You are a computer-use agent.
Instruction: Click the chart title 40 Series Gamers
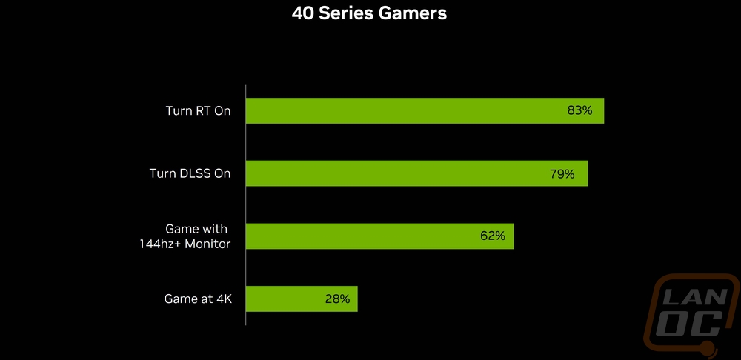click(x=369, y=13)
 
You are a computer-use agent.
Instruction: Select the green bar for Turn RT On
click(x=425, y=110)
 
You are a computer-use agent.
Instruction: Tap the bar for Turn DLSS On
click(x=416, y=173)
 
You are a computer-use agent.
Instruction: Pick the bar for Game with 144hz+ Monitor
click(x=380, y=236)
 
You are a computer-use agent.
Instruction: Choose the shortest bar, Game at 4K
click(x=302, y=299)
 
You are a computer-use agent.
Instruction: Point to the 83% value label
click(x=579, y=110)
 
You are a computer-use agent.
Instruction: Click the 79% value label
click(x=562, y=174)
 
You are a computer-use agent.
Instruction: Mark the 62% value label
click(x=493, y=236)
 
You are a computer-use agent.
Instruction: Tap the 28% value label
click(x=337, y=299)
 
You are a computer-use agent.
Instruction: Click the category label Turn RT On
click(x=198, y=111)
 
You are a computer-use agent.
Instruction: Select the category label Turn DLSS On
click(x=190, y=173)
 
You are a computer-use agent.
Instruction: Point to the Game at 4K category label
click(x=198, y=299)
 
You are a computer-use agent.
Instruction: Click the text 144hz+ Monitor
click(x=185, y=244)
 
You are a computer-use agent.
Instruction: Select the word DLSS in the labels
click(x=193, y=173)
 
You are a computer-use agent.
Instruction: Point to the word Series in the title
click(x=346, y=13)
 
